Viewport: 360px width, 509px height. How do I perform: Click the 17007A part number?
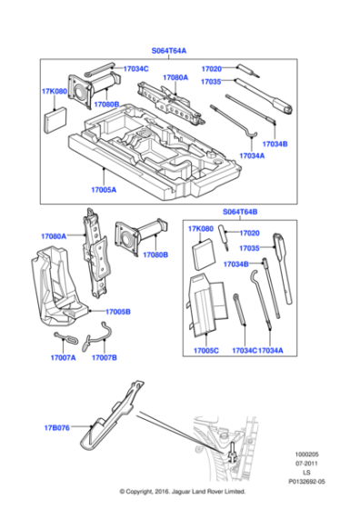click(x=62, y=358)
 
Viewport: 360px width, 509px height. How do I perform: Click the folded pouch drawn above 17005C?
click(x=208, y=304)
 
